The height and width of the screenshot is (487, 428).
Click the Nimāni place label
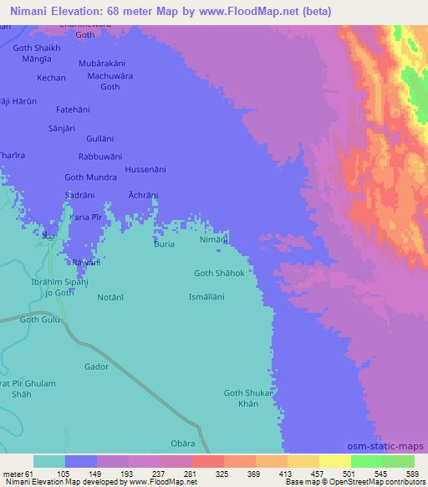point(214,240)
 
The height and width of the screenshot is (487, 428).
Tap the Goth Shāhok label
point(218,273)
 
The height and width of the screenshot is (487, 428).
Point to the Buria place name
point(164,244)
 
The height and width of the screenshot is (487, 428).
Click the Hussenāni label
point(145,169)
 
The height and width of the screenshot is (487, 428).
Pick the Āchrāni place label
point(142,194)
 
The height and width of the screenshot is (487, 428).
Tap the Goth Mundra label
point(90,177)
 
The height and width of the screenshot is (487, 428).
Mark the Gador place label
point(97,367)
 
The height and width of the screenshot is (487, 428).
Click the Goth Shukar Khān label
point(247,398)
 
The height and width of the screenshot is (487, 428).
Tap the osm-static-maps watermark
point(391,448)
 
